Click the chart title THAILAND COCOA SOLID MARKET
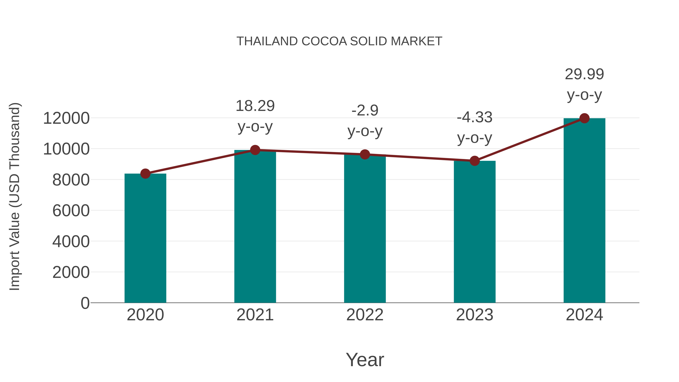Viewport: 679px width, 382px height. point(339,41)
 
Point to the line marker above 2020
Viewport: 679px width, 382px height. point(145,174)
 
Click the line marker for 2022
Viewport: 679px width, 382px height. point(365,154)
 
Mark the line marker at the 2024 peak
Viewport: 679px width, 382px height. point(584,118)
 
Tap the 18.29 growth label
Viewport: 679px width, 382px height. point(255,106)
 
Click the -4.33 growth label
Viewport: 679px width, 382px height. point(475,117)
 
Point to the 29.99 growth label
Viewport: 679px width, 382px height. point(584,74)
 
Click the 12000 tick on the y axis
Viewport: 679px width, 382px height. point(66,118)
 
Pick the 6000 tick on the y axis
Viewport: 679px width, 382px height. point(71,211)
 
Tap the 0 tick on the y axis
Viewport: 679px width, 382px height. point(85,303)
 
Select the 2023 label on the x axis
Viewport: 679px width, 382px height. point(475,315)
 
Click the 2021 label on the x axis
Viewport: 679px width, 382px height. point(255,315)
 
